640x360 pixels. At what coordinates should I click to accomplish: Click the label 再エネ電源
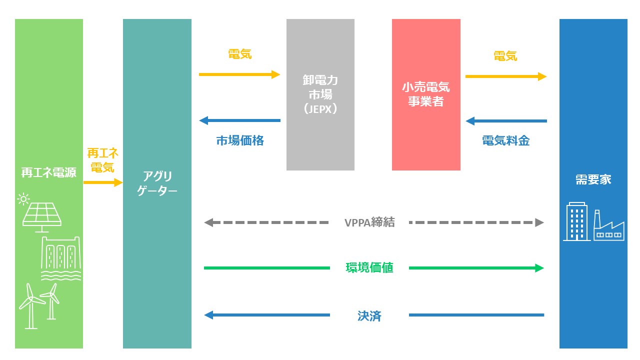point(49,172)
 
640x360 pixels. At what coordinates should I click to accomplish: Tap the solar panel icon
point(42,217)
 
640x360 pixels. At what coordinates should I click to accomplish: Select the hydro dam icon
point(61,258)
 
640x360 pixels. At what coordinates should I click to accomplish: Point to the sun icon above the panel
point(23,198)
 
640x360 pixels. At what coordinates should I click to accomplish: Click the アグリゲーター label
point(157,183)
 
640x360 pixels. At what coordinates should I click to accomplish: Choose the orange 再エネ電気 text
point(102,160)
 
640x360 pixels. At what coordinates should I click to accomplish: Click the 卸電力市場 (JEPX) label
point(320,94)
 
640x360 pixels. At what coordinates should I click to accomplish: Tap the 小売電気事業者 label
point(426,94)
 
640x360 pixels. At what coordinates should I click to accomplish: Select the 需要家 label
point(593,179)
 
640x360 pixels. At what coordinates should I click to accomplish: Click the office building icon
point(577,221)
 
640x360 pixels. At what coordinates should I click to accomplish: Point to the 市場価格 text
point(240,140)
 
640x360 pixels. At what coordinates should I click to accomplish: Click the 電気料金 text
point(505,140)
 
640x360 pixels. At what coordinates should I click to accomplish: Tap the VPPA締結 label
point(369,222)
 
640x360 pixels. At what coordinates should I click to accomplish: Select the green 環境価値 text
point(369,267)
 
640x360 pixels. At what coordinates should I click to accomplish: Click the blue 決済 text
point(369,315)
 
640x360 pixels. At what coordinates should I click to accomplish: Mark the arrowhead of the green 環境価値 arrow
point(539,268)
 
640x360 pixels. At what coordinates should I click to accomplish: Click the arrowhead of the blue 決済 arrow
point(208,315)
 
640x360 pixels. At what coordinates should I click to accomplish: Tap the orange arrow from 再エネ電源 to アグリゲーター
point(103,182)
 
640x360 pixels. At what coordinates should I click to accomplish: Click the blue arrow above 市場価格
point(239,120)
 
